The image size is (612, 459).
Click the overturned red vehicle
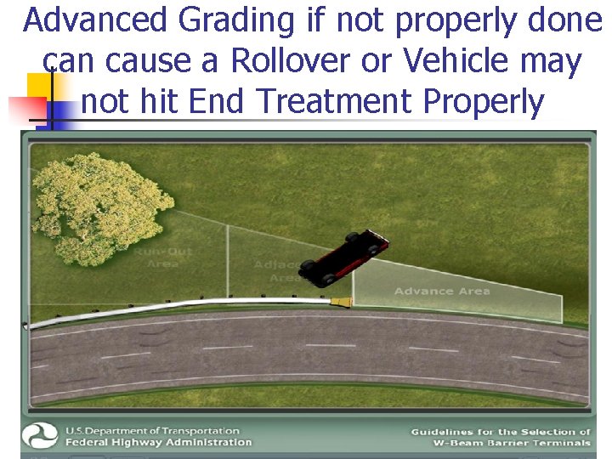pos(344,257)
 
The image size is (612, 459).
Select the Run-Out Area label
pos(161,258)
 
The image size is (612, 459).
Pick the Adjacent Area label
pos(277,271)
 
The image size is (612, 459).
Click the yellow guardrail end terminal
pos(342,302)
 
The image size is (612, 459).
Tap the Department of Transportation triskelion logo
pos(42,436)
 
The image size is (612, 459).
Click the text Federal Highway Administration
pos(159,442)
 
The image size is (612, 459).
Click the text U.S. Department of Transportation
pos(153,430)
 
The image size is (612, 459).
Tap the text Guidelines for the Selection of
pos(500,432)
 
